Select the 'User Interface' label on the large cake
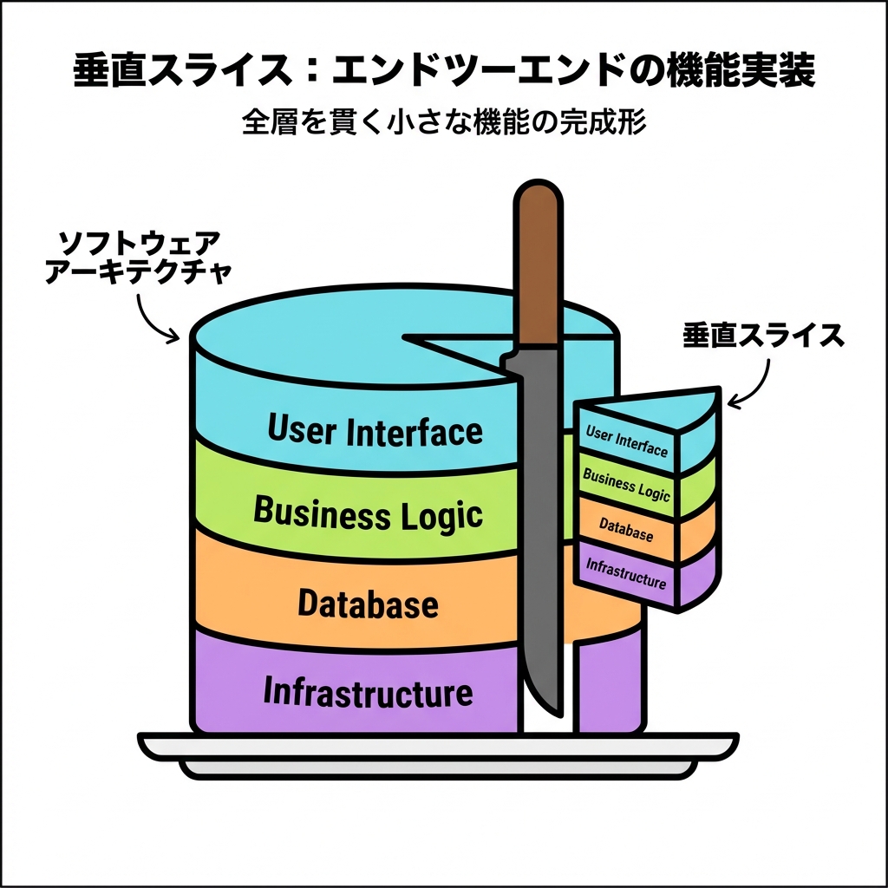click(375, 430)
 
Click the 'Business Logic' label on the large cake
click(367, 513)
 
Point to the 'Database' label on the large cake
click(368, 603)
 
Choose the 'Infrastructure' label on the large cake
click(368, 693)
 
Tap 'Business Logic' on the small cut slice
click(626, 485)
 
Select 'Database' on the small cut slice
click(625, 530)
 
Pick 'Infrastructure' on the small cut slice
click(626, 573)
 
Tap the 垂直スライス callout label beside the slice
click(763, 336)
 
